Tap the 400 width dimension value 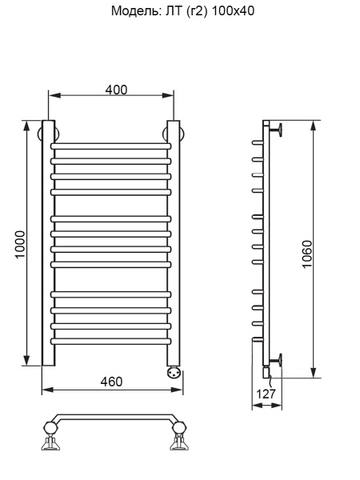pyautogui.click(x=117, y=89)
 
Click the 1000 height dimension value pyautogui.click(x=20, y=244)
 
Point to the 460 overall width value pyautogui.click(x=111, y=382)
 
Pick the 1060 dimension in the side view pyautogui.click(x=307, y=255)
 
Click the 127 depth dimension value pyautogui.click(x=266, y=394)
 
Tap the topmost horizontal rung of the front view pyautogui.click(x=111, y=146)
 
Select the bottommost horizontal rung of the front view pyautogui.click(x=111, y=340)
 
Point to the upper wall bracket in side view pyautogui.click(x=277, y=128)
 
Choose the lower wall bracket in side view pyautogui.click(x=277, y=358)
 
